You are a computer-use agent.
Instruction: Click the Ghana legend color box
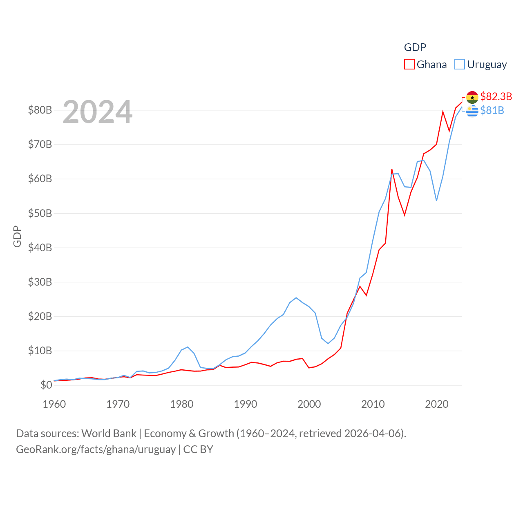409,65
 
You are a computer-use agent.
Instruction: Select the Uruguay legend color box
460,65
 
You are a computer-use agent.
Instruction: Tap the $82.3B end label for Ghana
496,96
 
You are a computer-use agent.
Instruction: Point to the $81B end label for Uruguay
492,111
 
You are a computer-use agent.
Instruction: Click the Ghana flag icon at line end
472,97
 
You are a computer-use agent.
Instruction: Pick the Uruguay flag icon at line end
472,111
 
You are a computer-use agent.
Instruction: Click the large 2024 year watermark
98,112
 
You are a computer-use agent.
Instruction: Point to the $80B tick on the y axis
40,110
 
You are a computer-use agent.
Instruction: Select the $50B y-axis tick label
40,213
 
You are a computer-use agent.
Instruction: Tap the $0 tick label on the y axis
46,385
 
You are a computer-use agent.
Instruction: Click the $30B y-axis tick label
40,282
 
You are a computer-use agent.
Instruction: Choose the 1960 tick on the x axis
54,404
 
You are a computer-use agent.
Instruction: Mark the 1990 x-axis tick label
246,404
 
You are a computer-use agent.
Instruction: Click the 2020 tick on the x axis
437,404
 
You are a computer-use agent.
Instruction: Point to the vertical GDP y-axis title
17,236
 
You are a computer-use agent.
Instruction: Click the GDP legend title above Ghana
415,47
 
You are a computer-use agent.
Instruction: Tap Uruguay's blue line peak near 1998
296,298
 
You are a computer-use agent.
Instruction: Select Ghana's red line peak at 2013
392,170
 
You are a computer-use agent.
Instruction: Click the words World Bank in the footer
109,434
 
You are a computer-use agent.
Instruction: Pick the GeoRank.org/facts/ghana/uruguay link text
96,449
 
